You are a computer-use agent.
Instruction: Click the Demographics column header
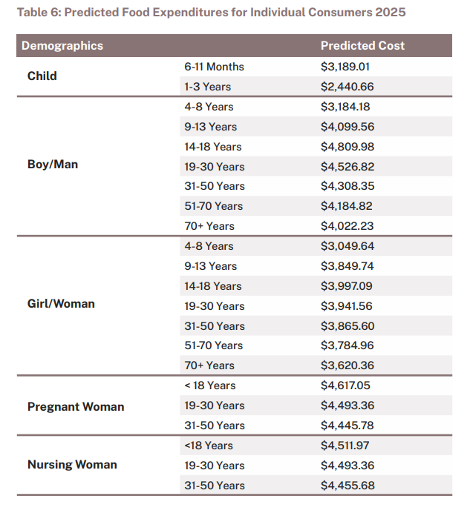coord(62,46)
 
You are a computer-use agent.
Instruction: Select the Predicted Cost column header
coord(362,46)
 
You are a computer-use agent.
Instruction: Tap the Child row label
coord(42,76)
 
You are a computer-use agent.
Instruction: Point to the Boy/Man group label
coord(53,164)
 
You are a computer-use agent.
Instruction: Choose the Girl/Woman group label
coord(61,303)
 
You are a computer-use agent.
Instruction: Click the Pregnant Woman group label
coord(76,406)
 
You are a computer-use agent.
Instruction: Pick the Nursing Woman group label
coord(72,465)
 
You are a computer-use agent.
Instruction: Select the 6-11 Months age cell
coord(215,67)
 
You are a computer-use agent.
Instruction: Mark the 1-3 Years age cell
coord(208,87)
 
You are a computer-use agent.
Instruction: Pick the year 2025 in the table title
coord(392,13)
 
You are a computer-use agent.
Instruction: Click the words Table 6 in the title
coord(37,13)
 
